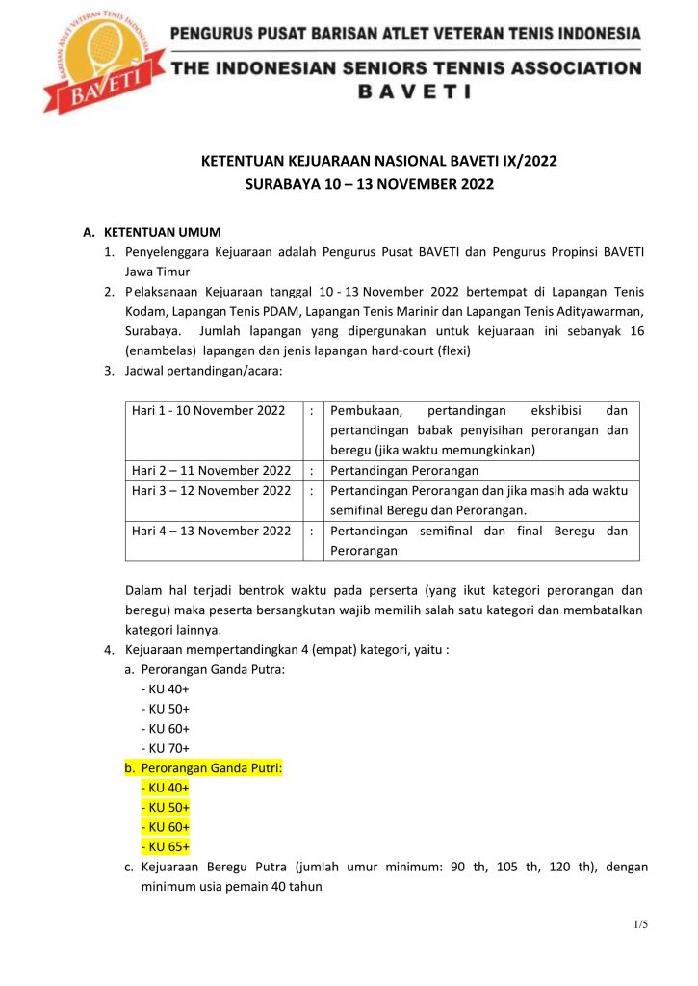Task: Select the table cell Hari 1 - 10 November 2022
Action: click(208, 410)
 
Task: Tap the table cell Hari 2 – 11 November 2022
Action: click(211, 470)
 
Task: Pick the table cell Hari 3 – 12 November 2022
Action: click(211, 490)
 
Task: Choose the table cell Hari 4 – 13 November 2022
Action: click(211, 531)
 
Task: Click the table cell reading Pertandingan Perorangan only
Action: click(404, 470)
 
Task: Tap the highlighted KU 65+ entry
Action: click(165, 846)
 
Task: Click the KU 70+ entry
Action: click(165, 748)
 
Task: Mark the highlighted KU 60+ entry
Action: click(165, 827)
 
